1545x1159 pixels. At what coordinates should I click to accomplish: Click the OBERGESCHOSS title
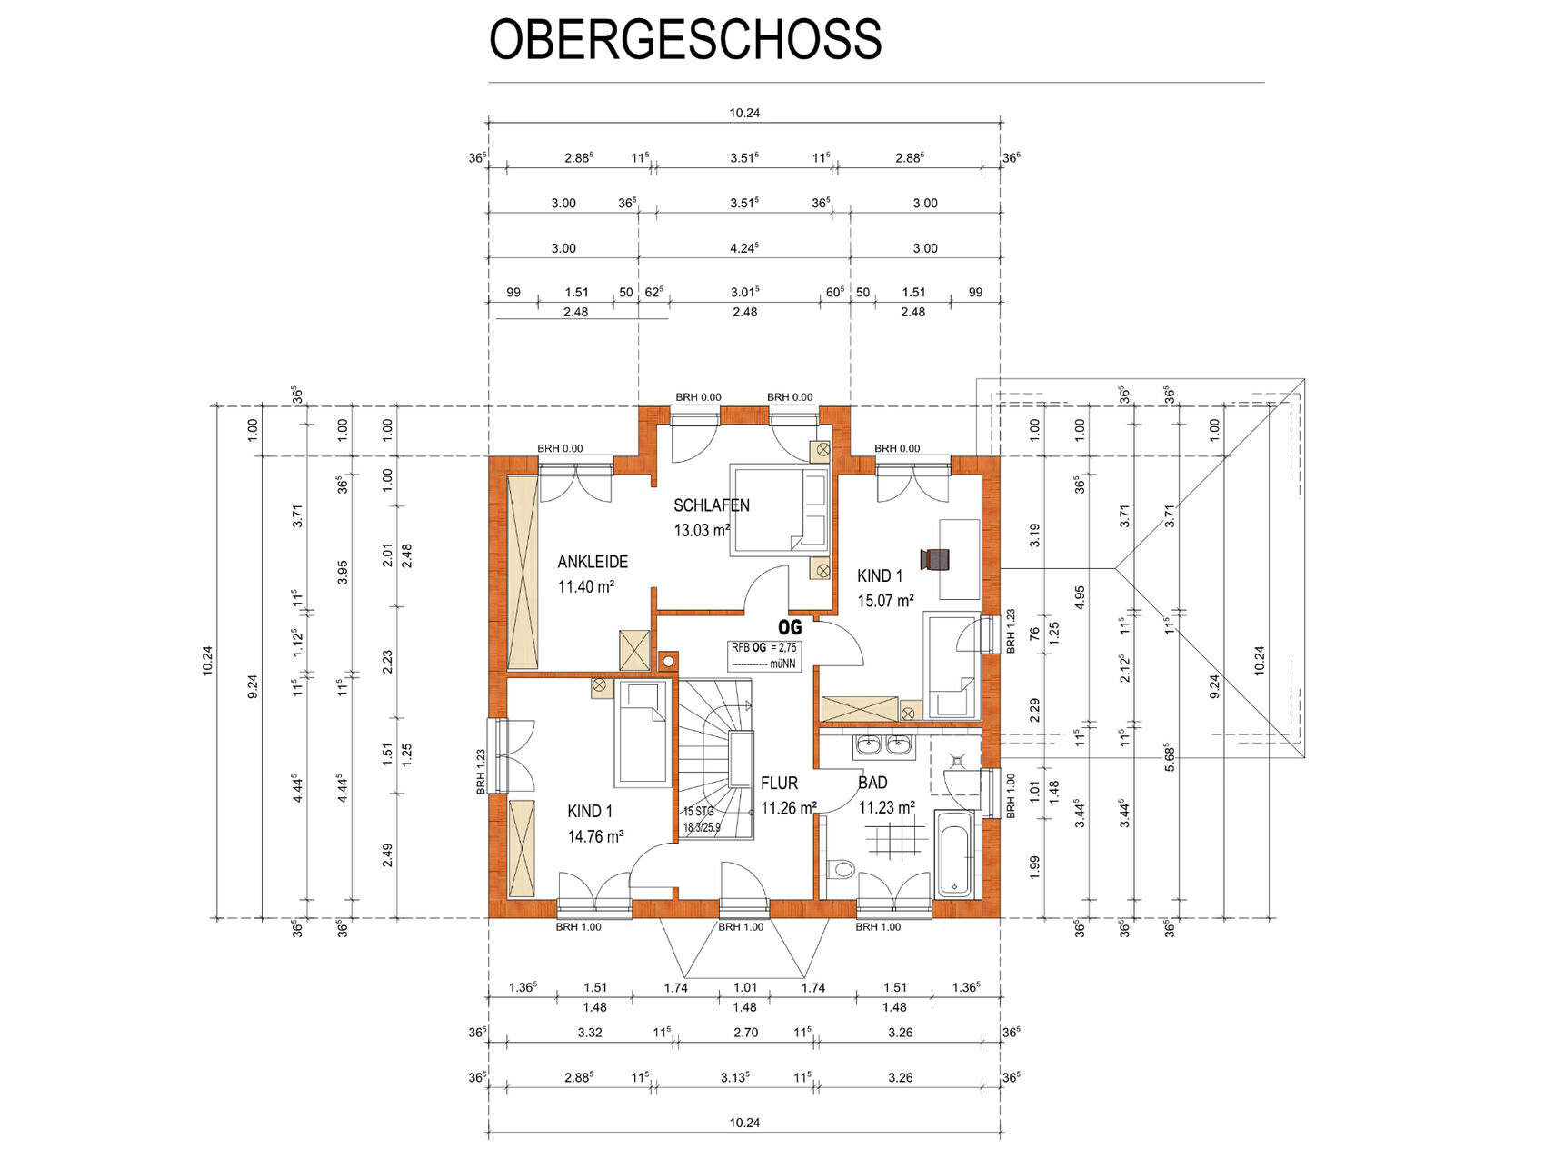(x=685, y=39)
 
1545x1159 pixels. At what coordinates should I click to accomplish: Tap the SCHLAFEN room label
(x=712, y=505)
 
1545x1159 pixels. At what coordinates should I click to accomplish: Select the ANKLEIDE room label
(x=593, y=562)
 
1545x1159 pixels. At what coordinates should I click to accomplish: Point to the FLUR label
(x=780, y=783)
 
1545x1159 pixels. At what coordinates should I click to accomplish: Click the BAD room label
(x=872, y=782)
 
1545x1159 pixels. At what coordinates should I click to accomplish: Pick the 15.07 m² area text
(x=886, y=601)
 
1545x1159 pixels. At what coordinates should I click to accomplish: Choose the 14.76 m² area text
(x=595, y=836)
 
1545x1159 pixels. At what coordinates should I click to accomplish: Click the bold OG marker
(x=790, y=627)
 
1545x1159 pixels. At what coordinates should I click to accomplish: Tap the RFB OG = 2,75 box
(x=764, y=655)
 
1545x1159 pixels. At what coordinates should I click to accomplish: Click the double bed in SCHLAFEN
(x=781, y=510)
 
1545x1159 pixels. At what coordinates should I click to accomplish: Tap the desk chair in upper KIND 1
(x=935, y=560)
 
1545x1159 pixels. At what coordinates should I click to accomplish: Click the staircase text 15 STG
(x=699, y=812)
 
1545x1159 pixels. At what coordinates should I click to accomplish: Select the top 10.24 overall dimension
(x=744, y=114)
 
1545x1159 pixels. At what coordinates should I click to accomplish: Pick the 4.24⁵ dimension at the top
(x=744, y=248)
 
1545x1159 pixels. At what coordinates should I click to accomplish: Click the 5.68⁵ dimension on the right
(x=1170, y=757)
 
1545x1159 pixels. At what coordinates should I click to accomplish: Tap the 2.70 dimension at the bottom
(x=745, y=1033)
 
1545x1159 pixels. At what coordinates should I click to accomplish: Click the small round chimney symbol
(x=669, y=661)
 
